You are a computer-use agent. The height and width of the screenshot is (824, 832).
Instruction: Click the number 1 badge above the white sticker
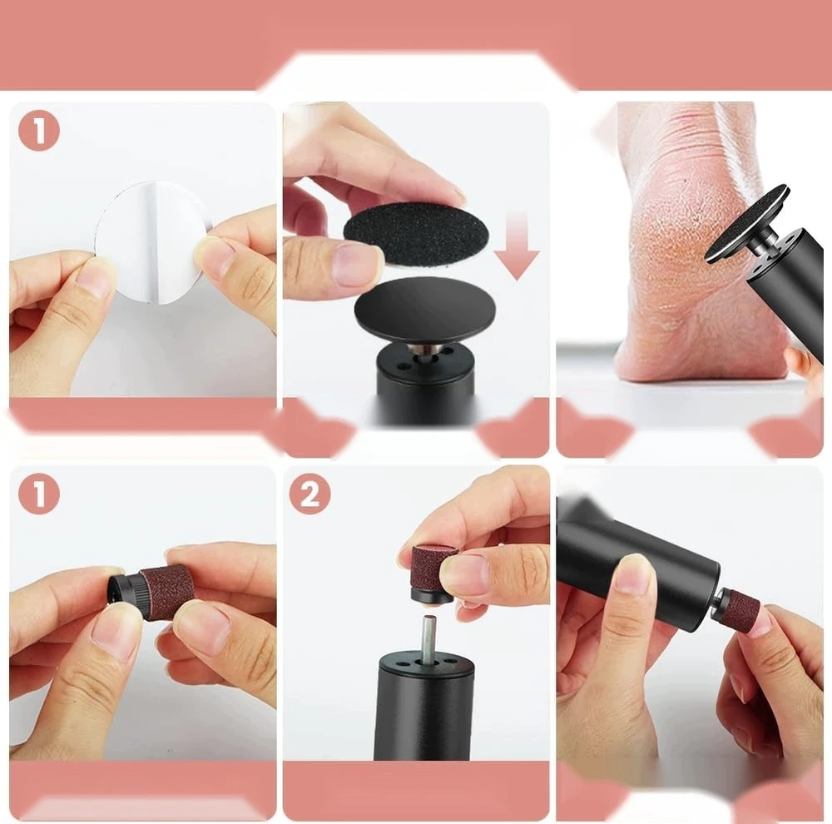(x=39, y=131)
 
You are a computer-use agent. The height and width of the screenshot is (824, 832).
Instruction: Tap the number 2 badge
(x=310, y=494)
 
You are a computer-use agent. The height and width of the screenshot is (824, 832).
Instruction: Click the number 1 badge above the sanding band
(x=39, y=494)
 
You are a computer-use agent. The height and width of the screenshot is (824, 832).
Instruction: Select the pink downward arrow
(x=516, y=245)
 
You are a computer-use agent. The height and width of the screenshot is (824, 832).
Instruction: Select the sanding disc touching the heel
(x=745, y=224)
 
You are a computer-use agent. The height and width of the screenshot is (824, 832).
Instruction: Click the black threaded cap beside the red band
(x=125, y=593)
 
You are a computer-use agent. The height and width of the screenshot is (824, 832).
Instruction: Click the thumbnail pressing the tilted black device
(x=631, y=573)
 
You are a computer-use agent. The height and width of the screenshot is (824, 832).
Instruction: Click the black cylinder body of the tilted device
(x=636, y=568)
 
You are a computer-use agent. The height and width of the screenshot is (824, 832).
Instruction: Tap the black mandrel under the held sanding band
(x=433, y=594)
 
